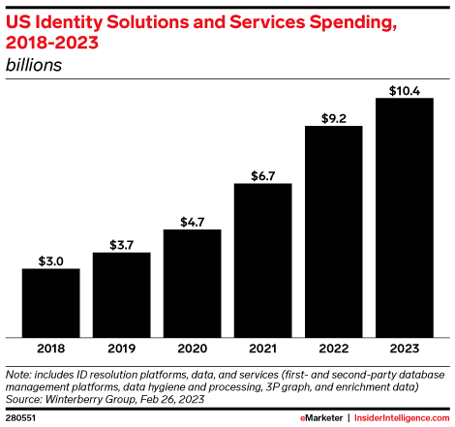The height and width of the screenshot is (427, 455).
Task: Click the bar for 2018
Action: click(50, 302)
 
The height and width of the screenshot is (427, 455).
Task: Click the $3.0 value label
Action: click(50, 260)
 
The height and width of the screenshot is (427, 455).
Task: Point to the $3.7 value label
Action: click(121, 244)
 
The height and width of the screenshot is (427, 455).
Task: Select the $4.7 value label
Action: click(192, 221)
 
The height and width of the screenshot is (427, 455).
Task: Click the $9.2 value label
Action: click(333, 117)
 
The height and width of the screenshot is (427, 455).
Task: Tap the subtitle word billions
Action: click(34, 65)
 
